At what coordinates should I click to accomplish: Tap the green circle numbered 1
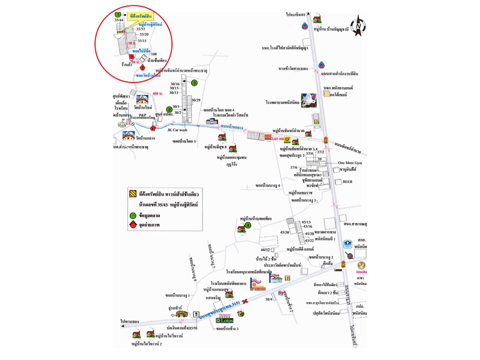[118, 14]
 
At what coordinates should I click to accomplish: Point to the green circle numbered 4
[247, 225]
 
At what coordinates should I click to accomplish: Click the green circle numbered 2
[169, 109]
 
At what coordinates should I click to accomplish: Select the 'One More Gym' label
[348, 162]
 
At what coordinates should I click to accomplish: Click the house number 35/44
[119, 20]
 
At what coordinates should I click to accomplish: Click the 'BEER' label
[347, 182]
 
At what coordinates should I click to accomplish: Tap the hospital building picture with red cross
[309, 100]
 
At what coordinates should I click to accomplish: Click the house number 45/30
[285, 232]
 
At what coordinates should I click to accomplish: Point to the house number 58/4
[269, 299]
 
